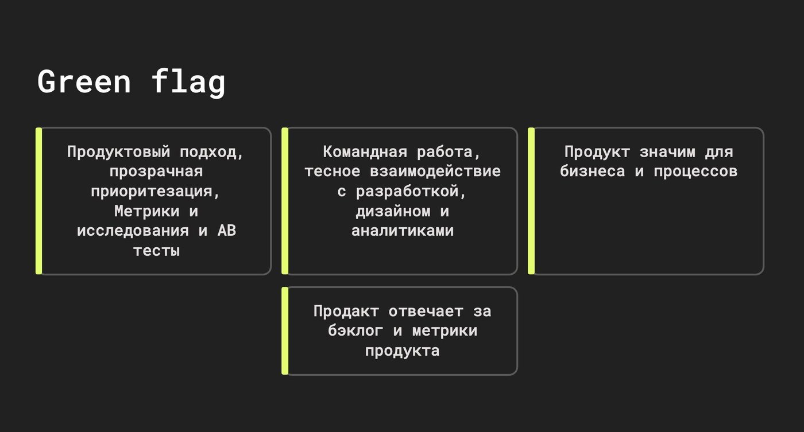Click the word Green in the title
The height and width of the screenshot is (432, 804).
(x=84, y=82)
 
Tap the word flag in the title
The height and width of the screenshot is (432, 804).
(x=188, y=83)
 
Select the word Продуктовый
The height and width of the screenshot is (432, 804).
(x=118, y=152)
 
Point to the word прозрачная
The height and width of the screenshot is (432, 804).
(x=156, y=172)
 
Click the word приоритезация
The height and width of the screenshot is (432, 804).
(x=152, y=191)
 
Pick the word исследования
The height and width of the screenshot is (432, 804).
(x=133, y=231)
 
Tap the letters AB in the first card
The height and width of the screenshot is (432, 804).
(x=227, y=231)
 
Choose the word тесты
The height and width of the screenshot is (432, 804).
(x=156, y=251)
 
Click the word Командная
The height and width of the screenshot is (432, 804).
(x=365, y=152)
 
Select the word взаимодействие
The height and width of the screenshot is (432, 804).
(x=435, y=172)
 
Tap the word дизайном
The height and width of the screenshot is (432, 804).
(x=393, y=211)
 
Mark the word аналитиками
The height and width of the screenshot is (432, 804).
(x=403, y=231)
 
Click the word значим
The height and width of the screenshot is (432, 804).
(x=667, y=152)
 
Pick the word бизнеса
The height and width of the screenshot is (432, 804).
(x=592, y=172)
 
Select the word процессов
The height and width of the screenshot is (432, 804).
(x=695, y=172)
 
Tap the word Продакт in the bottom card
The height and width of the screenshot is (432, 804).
(x=346, y=311)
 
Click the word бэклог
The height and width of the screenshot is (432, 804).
(x=355, y=330)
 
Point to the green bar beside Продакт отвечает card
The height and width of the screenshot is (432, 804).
(x=285, y=331)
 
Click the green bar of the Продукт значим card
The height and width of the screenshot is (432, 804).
(x=531, y=201)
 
